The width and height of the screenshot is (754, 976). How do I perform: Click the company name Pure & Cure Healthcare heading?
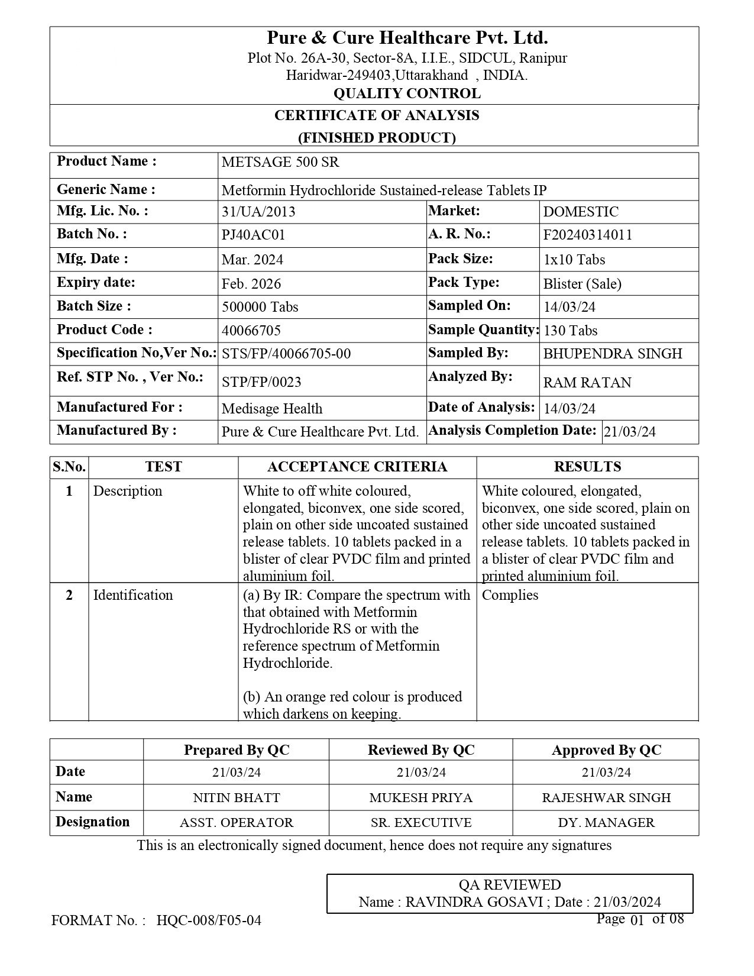pyautogui.click(x=407, y=38)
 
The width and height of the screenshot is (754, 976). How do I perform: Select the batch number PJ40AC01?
pyautogui.click(x=253, y=235)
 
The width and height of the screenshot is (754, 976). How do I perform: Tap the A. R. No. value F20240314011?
pyautogui.click(x=587, y=235)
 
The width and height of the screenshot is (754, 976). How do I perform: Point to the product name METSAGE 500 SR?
pyautogui.click(x=280, y=163)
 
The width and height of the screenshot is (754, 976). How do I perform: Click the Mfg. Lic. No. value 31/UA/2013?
pyautogui.click(x=258, y=212)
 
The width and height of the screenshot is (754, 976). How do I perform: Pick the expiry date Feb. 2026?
pyautogui.click(x=251, y=284)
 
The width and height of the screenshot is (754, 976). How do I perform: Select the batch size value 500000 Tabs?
pyautogui.click(x=260, y=307)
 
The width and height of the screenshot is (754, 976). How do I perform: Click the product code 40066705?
pyautogui.click(x=251, y=330)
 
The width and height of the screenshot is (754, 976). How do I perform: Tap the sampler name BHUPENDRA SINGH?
pyautogui.click(x=612, y=354)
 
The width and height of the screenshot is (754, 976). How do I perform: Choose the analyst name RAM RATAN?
pyautogui.click(x=587, y=383)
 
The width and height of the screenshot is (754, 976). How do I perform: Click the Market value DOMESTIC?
pyautogui.click(x=581, y=212)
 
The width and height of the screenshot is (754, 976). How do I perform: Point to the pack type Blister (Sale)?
pyautogui.click(x=582, y=284)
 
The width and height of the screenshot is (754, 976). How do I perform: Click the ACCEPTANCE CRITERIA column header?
pyautogui.click(x=357, y=467)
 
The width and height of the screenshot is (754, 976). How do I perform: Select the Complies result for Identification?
pyautogui.click(x=510, y=595)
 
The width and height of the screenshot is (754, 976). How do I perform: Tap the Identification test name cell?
pyautogui.click(x=133, y=595)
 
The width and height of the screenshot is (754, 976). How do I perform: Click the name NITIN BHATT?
pyautogui.click(x=237, y=797)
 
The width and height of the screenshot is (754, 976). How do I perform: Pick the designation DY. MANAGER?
pyautogui.click(x=606, y=823)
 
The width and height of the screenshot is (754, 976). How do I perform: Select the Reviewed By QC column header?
pyautogui.click(x=421, y=750)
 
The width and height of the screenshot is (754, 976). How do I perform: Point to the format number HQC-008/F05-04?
pyautogui.click(x=209, y=920)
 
